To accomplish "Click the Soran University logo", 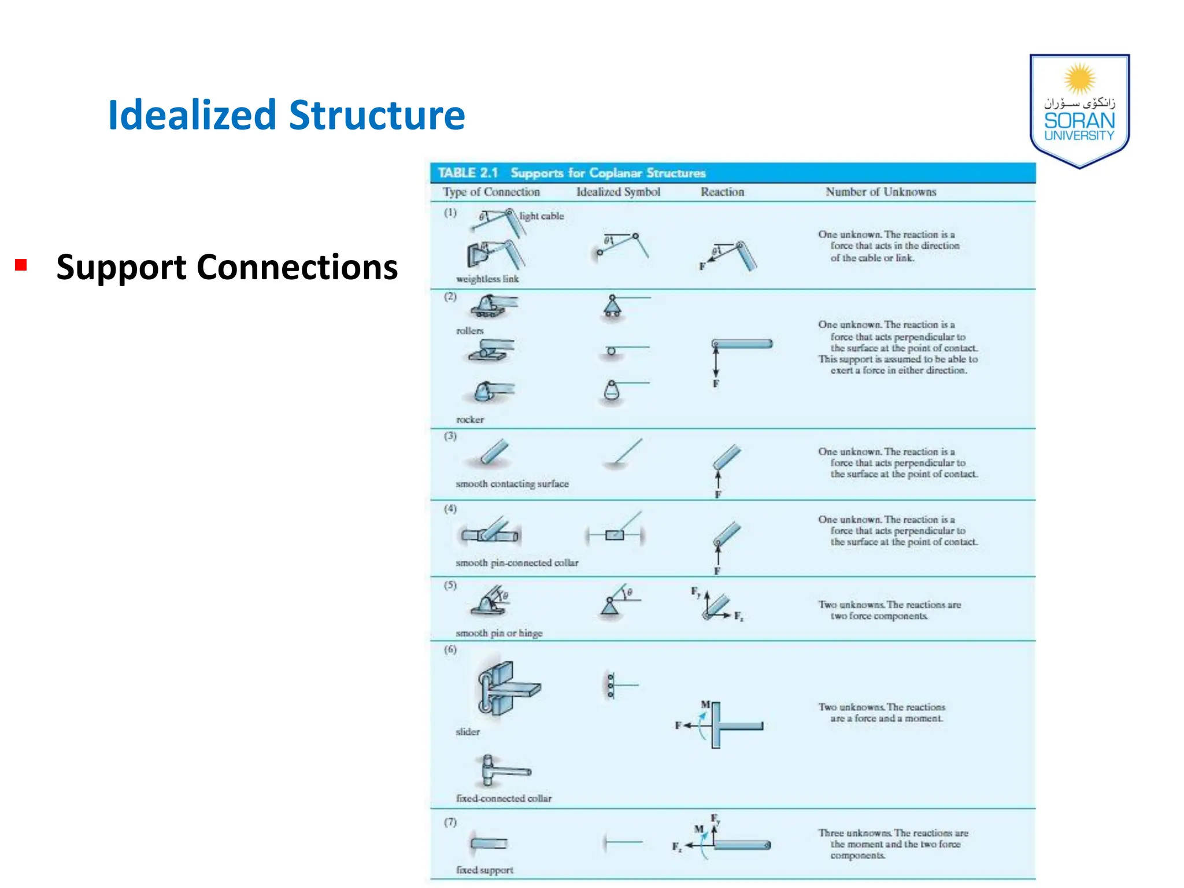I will click(x=1079, y=110).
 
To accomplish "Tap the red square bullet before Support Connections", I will click(x=21, y=265).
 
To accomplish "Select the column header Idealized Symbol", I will click(x=618, y=192).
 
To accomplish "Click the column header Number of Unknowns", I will click(x=880, y=192).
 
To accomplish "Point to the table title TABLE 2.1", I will click(x=468, y=173).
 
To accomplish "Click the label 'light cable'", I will click(x=541, y=216).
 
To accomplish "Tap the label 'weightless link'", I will click(x=487, y=279).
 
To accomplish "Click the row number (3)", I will click(x=450, y=436).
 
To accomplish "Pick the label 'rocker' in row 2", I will click(x=470, y=420).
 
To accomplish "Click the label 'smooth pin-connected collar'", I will click(x=517, y=563).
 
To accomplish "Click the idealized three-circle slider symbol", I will click(x=611, y=685).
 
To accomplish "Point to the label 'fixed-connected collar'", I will click(x=504, y=798).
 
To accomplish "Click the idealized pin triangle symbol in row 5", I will click(x=610, y=606).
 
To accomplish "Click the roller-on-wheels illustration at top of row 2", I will click(x=491, y=306).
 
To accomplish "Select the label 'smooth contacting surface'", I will click(x=512, y=484).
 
